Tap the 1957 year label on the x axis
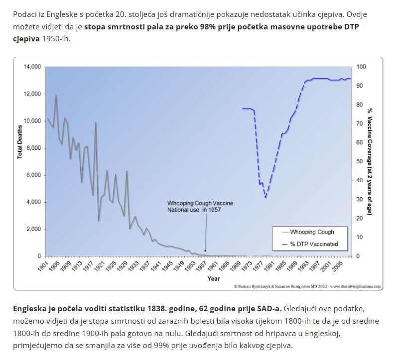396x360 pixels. click(202, 266)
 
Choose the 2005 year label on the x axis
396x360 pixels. click(337, 266)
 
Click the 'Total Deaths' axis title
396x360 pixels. click(20, 142)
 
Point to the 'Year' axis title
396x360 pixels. click(213, 279)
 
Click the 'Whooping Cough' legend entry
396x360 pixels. click(312, 232)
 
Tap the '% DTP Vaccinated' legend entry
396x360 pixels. click(314, 244)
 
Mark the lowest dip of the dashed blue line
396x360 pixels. click(266, 197)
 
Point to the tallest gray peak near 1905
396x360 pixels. click(56, 96)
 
